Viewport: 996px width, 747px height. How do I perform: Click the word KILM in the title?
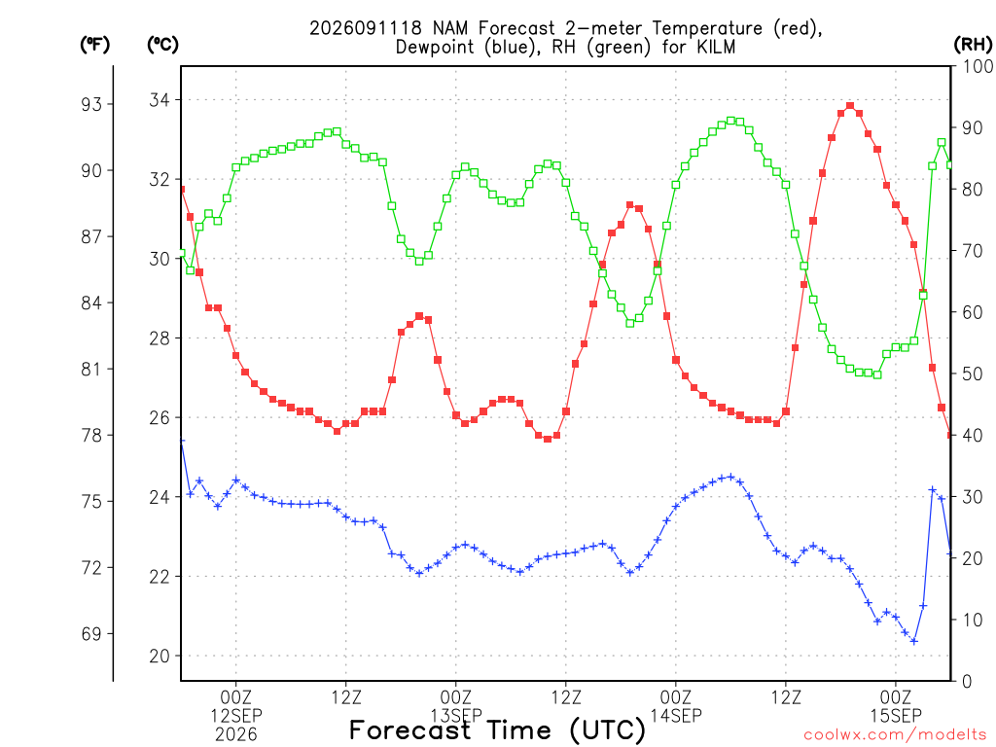tap(715, 47)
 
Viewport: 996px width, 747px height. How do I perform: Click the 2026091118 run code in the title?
tap(366, 28)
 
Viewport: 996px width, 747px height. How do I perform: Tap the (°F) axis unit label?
tap(94, 45)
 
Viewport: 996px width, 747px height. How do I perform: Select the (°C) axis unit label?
tap(162, 45)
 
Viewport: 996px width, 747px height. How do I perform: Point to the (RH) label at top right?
tap(973, 45)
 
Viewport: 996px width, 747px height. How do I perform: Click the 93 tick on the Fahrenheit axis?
tap(91, 104)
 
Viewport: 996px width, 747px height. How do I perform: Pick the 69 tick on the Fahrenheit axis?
tap(91, 634)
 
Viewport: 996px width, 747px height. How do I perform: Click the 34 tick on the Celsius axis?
tap(160, 100)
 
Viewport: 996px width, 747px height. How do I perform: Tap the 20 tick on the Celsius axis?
tap(160, 657)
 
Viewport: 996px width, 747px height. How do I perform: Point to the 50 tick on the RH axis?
tap(973, 374)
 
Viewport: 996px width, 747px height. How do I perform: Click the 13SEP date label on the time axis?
tap(456, 716)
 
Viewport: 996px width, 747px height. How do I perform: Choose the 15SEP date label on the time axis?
tap(896, 716)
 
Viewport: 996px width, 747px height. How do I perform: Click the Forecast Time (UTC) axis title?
tap(497, 730)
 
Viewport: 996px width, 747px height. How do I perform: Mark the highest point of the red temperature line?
tap(850, 106)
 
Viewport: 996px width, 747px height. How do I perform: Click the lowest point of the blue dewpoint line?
tap(914, 642)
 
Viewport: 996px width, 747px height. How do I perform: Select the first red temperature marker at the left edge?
tap(182, 190)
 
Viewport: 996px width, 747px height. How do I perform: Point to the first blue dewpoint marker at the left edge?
tap(182, 441)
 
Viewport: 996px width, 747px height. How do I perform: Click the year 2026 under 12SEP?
tap(236, 735)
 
